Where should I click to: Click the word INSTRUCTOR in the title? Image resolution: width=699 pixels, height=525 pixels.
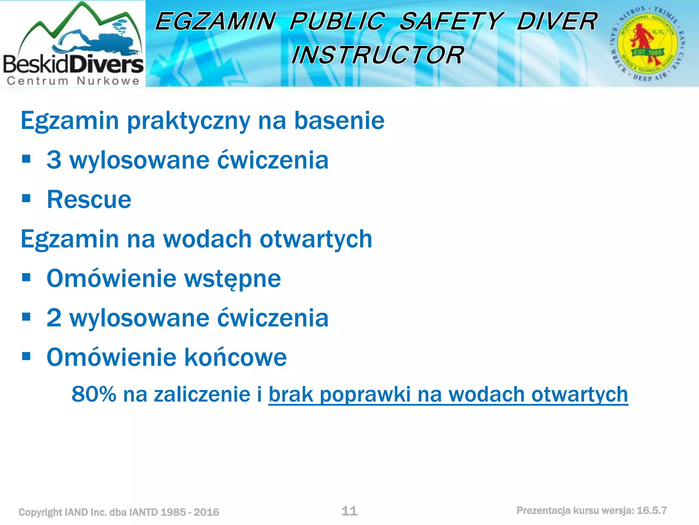(x=377, y=55)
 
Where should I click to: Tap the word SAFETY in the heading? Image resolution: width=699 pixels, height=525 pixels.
(x=451, y=21)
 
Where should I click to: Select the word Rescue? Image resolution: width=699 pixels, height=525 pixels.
(x=89, y=200)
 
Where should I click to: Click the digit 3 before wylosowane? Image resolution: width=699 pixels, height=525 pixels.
(x=54, y=160)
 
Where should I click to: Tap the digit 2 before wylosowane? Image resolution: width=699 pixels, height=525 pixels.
(x=54, y=318)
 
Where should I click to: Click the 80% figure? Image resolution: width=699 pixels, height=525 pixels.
(x=94, y=394)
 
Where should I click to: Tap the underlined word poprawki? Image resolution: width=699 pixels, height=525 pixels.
(x=365, y=394)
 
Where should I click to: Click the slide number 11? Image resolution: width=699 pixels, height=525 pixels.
(x=349, y=511)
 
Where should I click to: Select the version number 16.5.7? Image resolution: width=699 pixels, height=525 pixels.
(x=652, y=510)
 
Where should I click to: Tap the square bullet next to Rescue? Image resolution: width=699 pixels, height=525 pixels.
(x=26, y=198)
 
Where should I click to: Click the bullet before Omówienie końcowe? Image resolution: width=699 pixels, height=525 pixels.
(x=26, y=356)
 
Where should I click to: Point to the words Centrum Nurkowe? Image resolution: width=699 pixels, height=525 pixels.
(x=73, y=81)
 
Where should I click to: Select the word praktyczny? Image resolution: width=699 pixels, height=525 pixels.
(x=188, y=121)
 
